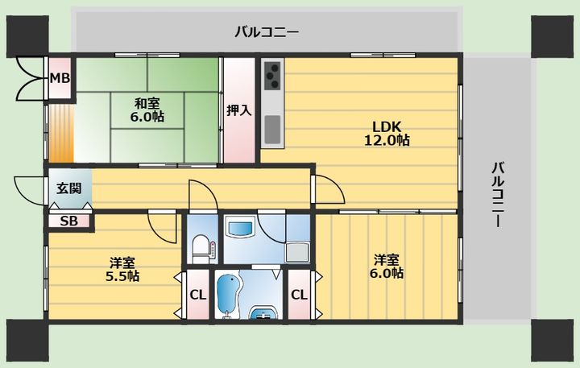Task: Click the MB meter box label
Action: [60, 78]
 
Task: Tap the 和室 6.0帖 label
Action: [147, 110]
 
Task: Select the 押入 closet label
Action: [239, 110]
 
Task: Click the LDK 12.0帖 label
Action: [387, 133]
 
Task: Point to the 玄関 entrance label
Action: [69, 188]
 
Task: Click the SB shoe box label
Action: [68, 221]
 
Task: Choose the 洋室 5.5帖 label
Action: [122, 269]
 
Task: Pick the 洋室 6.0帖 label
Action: [387, 267]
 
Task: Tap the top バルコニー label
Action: [267, 32]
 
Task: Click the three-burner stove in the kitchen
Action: [272, 76]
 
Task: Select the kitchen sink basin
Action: [272, 130]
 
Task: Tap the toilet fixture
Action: [202, 249]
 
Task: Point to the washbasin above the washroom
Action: [241, 229]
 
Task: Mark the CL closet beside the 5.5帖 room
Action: [198, 295]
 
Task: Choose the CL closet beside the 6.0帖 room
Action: [299, 295]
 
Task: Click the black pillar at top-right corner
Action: [552, 36]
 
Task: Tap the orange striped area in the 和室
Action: [61, 134]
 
